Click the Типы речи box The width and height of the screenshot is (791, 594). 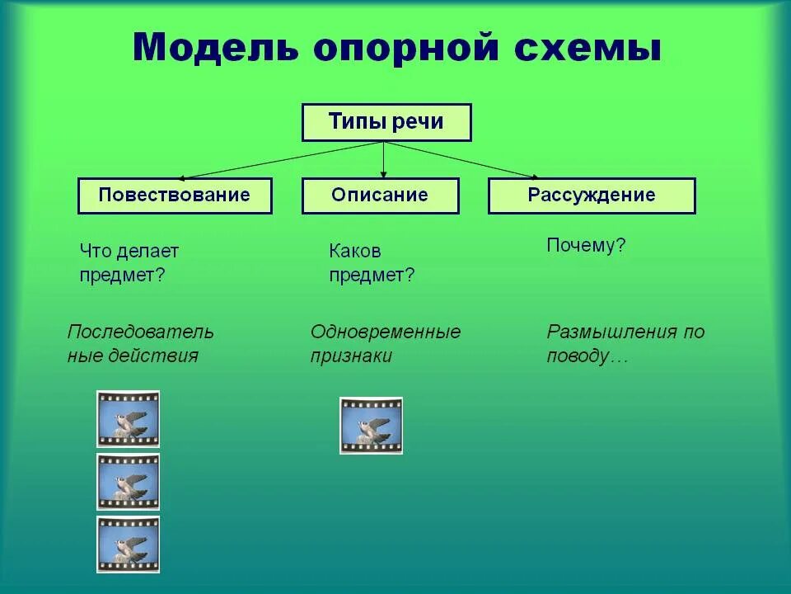(x=386, y=122)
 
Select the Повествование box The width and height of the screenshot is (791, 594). (x=175, y=196)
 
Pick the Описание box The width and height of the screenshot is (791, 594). (x=380, y=196)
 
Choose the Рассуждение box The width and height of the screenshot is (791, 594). (x=592, y=196)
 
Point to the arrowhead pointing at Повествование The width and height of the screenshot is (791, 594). (x=183, y=177)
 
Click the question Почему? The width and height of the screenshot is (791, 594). (x=586, y=246)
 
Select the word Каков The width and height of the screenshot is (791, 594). (x=355, y=251)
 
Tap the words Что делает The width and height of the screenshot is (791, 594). (x=129, y=251)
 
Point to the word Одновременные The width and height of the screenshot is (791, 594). (x=386, y=332)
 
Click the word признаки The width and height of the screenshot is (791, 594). (x=351, y=356)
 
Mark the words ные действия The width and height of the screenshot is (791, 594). (x=133, y=356)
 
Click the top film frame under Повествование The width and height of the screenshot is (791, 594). (x=128, y=419)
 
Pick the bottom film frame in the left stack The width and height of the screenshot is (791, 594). (x=128, y=544)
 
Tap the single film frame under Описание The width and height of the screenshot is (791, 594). (x=372, y=426)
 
